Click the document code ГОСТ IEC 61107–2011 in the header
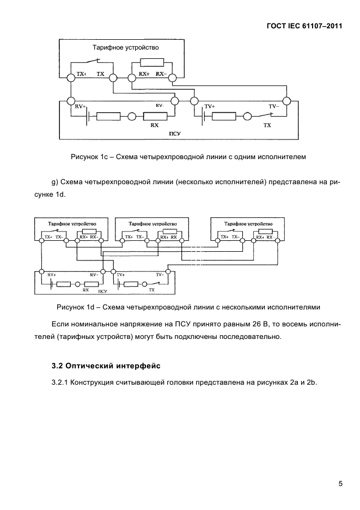pyautogui.click(x=303, y=25)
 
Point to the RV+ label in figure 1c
pyautogui.click(x=81, y=107)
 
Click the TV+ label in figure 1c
pyautogui.click(x=210, y=107)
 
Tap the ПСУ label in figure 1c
pyautogui.click(x=175, y=132)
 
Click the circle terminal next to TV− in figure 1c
pyautogui.click(x=287, y=101)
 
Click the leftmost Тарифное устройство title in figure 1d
pyautogui.click(x=72, y=223)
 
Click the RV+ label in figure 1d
pyautogui.click(x=52, y=275)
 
